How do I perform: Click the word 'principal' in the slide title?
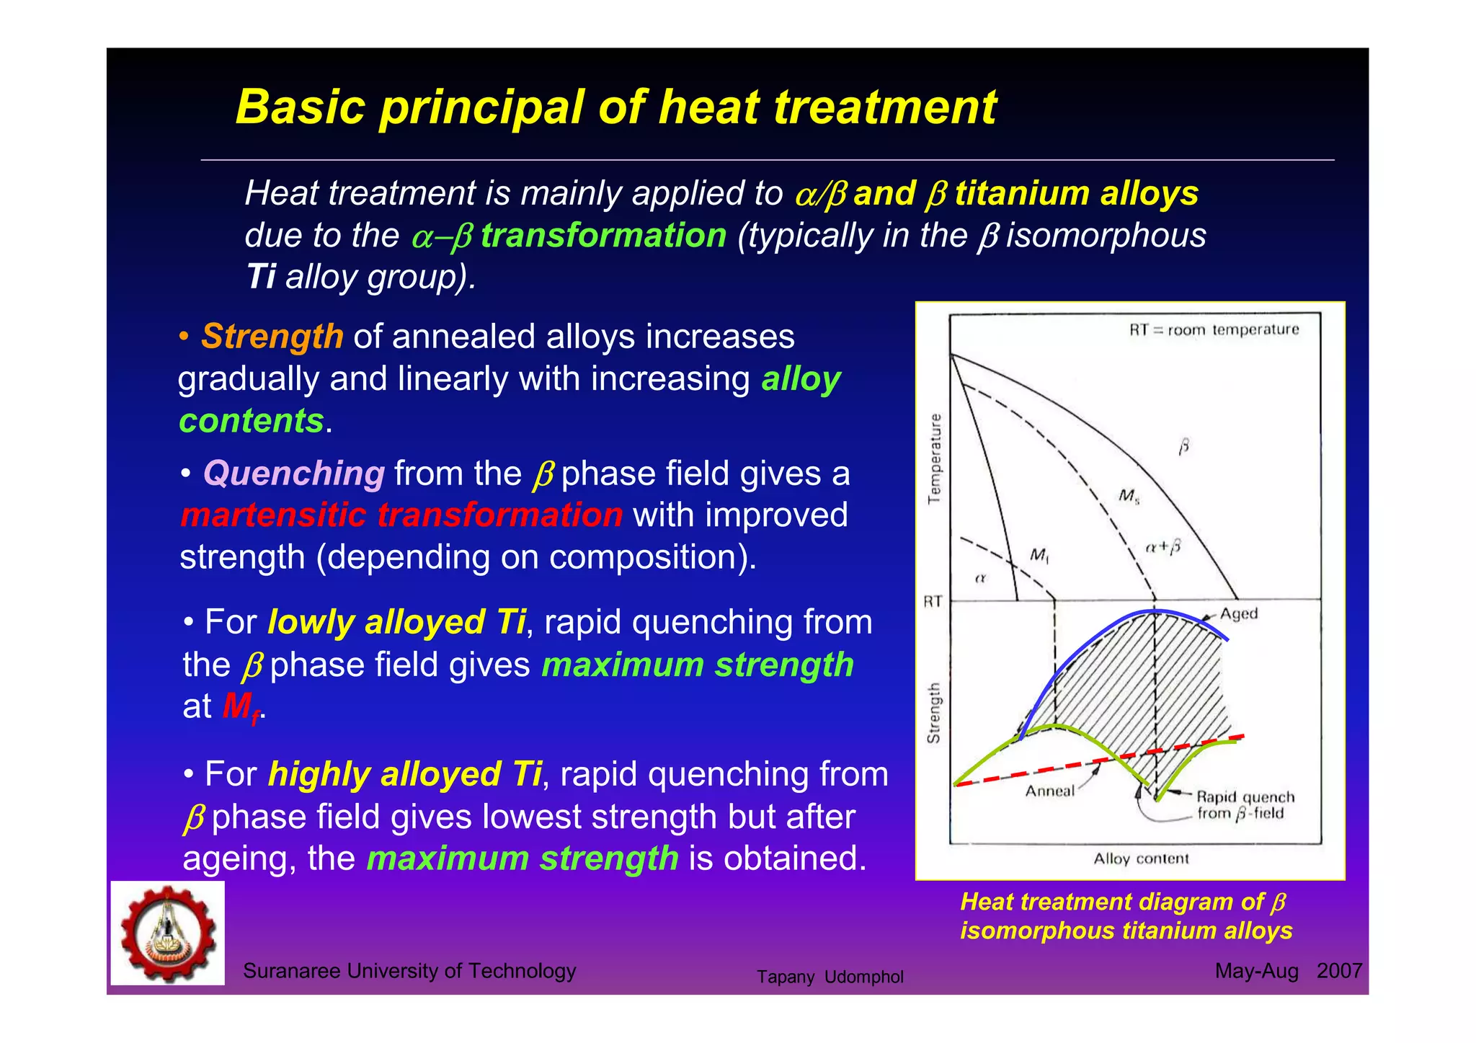(x=481, y=108)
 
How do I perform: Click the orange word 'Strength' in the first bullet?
(x=272, y=337)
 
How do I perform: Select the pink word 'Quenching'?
(x=294, y=474)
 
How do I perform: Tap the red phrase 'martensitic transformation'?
(x=401, y=515)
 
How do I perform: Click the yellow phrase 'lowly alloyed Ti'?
(x=396, y=622)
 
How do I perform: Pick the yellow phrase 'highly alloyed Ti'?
(x=404, y=774)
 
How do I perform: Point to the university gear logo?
(x=168, y=933)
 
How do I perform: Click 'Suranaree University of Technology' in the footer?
(x=409, y=971)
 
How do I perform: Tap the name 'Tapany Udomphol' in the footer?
(x=830, y=977)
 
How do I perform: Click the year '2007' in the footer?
(x=1339, y=971)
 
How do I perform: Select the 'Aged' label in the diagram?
(x=1238, y=613)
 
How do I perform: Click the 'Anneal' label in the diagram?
(x=1049, y=791)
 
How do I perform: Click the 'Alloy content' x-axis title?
(x=1141, y=858)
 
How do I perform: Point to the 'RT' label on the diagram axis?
(x=933, y=601)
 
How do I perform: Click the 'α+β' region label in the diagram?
(x=1162, y=547)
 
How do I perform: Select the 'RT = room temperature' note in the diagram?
(x=1214, y=330)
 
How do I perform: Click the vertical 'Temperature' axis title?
(x=935, y=458)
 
